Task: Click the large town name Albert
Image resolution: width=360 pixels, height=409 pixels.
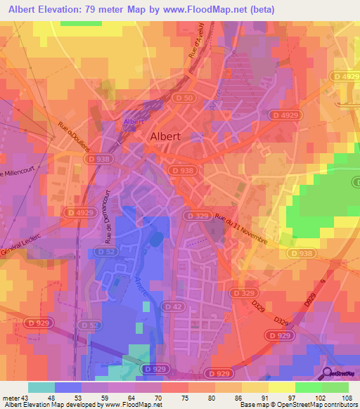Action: (x=166, y=138)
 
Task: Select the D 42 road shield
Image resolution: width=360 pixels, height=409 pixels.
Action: (x=172, y=306)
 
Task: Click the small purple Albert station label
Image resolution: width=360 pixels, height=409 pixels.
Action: (x=133, y=122)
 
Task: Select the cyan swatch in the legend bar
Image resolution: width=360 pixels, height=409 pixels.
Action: (x=41, y=387)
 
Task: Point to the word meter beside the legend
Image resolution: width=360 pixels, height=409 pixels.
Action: (x=10, y=398)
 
